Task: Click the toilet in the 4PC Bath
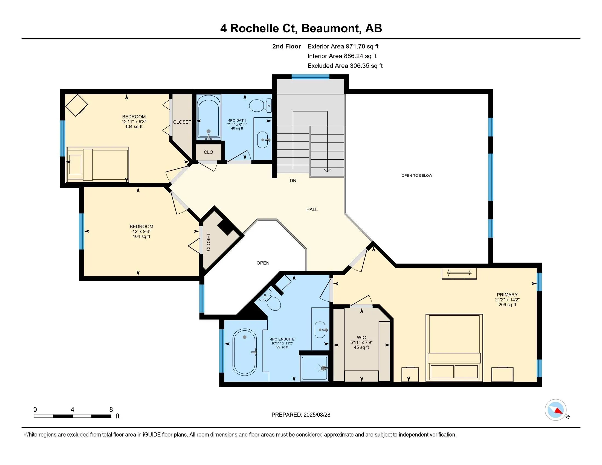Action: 260,106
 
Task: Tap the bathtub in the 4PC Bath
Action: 209,117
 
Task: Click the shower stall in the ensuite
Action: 314,368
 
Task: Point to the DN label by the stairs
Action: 293,181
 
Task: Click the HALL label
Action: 312,209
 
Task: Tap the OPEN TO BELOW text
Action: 416,176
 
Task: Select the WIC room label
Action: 361,338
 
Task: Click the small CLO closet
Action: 209,152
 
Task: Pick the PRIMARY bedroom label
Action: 507,295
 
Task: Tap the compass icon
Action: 555,410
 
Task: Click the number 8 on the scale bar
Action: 111,410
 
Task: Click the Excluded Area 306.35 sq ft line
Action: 345,66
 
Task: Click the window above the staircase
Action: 310,77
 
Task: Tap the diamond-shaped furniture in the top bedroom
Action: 77,105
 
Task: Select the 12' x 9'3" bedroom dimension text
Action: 141,232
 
